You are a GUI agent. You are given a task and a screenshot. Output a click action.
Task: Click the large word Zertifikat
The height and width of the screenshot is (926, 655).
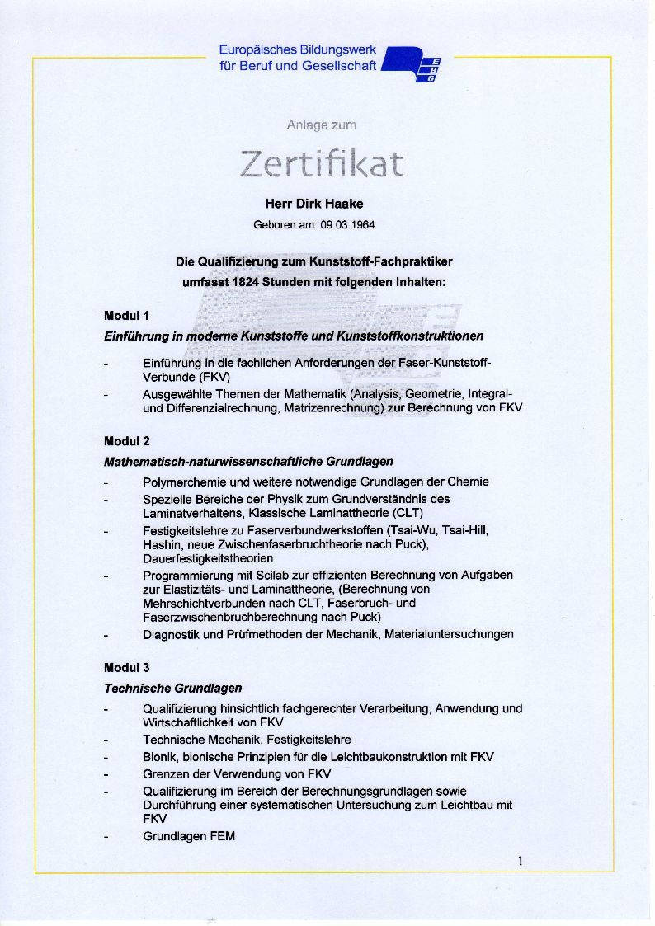point(322,164)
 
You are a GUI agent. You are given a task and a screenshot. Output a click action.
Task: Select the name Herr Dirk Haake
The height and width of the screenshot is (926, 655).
point(313,204)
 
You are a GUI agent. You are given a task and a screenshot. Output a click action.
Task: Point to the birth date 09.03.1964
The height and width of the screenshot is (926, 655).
point(347,224)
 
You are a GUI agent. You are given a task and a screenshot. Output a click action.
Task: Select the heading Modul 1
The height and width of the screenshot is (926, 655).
point(126,315)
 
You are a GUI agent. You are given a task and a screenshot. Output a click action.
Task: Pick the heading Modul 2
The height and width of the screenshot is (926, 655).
point(126,441)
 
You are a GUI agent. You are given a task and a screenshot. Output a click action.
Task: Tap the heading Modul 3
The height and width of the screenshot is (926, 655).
point(126,667)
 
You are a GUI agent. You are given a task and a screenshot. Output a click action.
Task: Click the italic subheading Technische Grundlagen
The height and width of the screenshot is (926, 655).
point(172,688)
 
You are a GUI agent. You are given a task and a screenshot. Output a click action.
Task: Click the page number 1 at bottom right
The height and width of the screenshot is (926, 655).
point(521,862)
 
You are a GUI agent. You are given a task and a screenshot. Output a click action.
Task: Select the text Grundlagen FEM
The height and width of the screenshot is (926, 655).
point(189,836)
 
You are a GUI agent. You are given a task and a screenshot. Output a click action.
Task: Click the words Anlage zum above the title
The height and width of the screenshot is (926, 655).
point(322,125)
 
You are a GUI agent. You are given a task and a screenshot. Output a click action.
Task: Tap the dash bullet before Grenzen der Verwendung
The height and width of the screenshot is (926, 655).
point(106,774)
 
